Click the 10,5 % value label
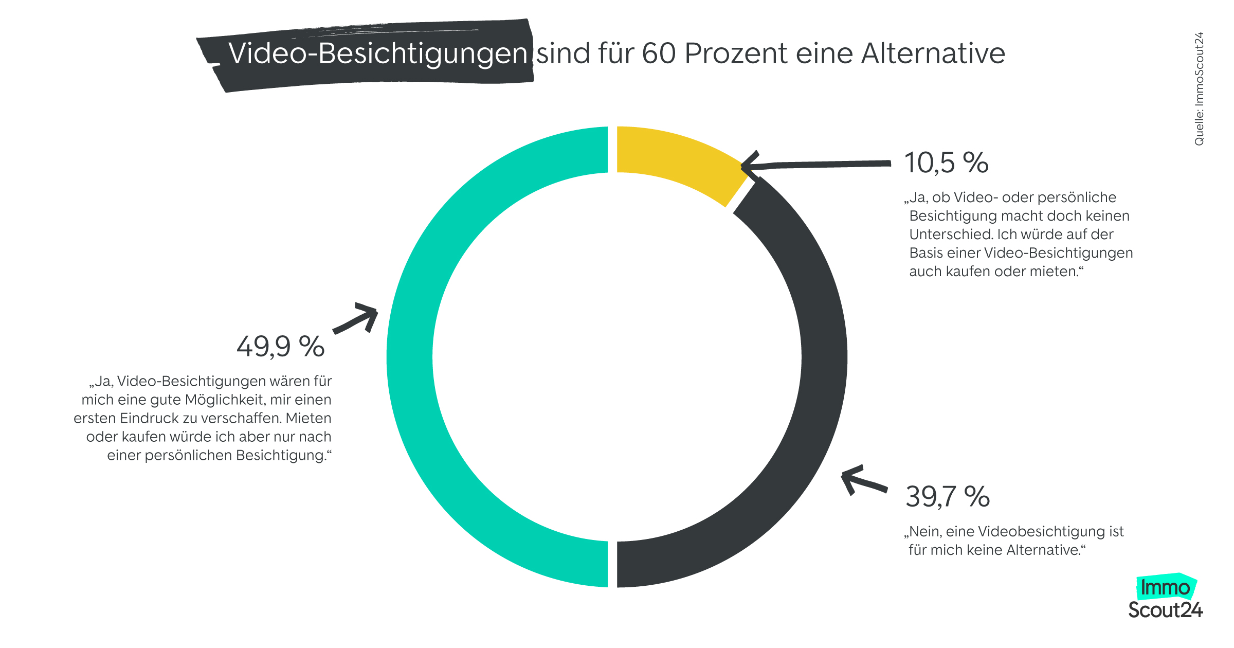[x=946, y=163]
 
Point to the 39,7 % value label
[x=948, y=497]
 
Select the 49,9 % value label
[x=280, y=346]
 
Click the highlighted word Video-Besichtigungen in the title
[x=378, y=53]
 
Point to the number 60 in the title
[x=659, y=53]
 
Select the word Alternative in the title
[x=933, y=53]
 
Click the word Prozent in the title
[x=736, y=53]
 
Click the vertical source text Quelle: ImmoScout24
[x=1199, y=88]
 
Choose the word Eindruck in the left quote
[x=158, y=418]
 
